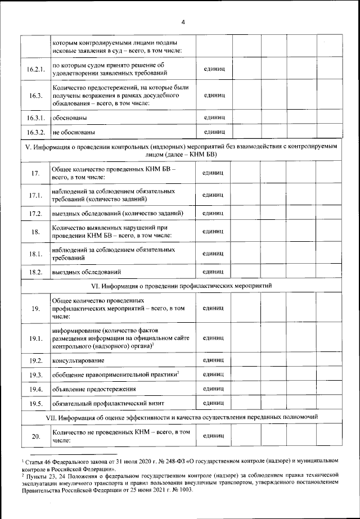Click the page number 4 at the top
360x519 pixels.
tap(183, 22)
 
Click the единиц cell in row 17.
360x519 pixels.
tap(213, 173)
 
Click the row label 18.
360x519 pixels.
tap(35, 232)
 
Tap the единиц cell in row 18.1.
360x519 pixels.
tap(213, 253)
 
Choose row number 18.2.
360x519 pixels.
tap(35, 272)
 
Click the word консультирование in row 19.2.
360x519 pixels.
tap(79, 360)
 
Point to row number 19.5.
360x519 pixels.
tap(35, 403)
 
